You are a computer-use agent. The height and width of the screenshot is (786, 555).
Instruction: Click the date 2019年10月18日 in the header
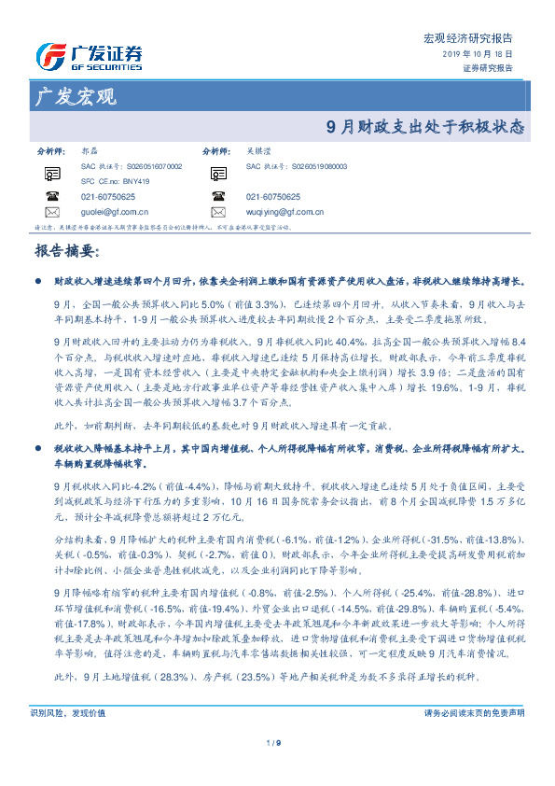point(477,55)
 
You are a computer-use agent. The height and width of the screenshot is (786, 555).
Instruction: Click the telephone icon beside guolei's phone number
point(51,196)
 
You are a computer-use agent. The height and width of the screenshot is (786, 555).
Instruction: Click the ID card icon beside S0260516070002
point(51,172)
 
